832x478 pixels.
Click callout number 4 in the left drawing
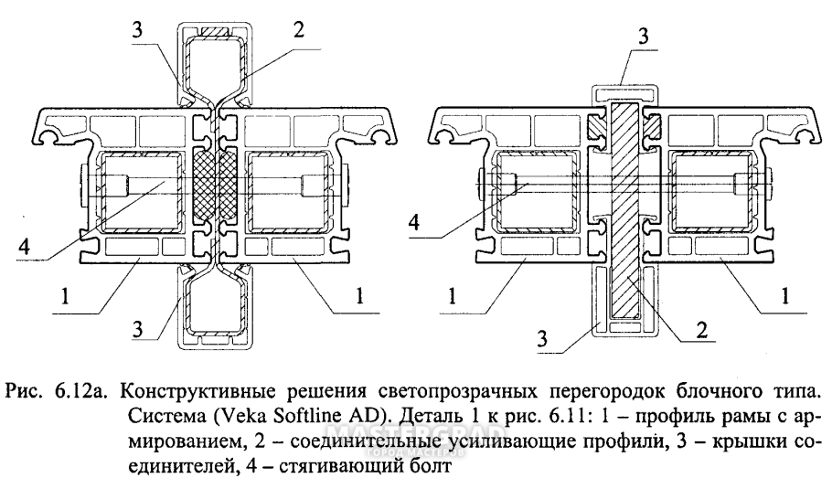coord(25,245)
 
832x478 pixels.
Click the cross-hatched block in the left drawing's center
coord(218,186)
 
